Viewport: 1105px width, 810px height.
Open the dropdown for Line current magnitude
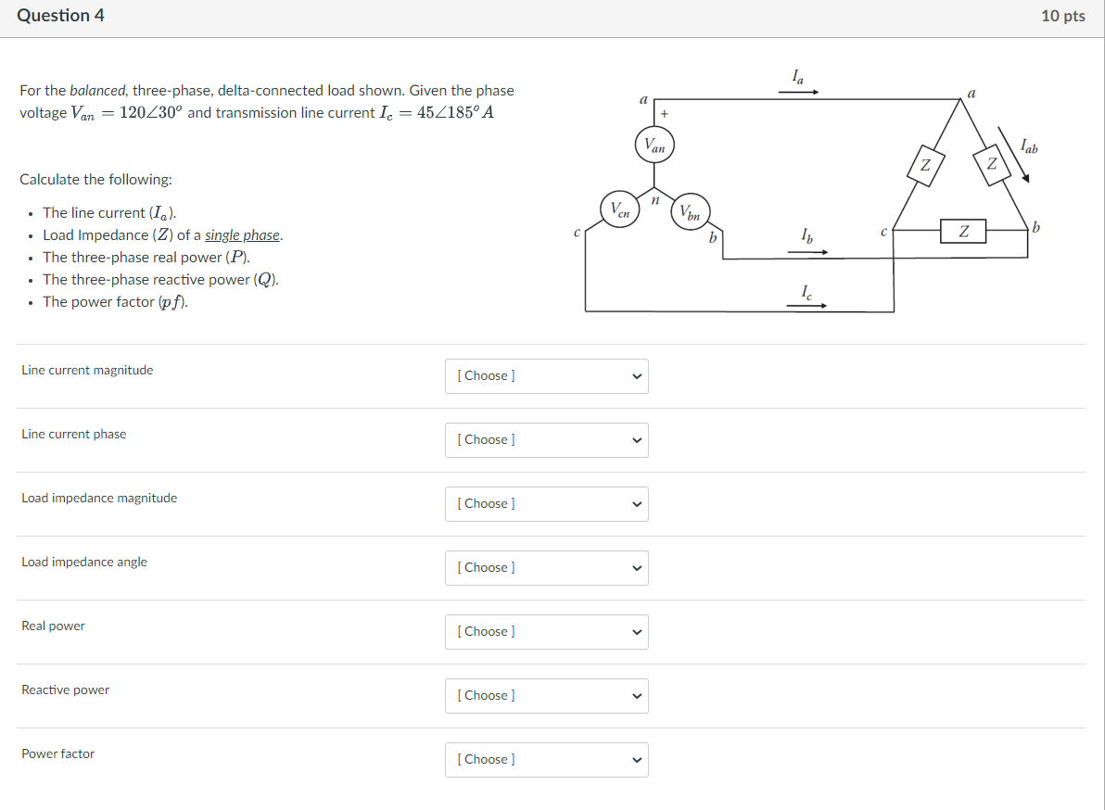546,376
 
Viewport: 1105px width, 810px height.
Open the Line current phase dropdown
546,440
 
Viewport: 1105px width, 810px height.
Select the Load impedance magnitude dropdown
546,504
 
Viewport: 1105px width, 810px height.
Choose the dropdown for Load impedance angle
546,568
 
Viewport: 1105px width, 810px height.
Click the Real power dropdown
546,632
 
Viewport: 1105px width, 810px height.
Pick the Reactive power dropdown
546,696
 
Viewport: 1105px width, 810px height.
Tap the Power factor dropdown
546,760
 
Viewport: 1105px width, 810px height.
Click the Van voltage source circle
655,146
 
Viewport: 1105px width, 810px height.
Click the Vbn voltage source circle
692,210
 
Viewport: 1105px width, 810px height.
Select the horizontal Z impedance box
963,232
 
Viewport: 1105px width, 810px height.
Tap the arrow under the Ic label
807,304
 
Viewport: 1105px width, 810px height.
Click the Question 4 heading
60,16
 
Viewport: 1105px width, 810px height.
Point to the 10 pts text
1062,16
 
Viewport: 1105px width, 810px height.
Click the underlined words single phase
243,235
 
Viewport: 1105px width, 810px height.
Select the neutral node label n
654,198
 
